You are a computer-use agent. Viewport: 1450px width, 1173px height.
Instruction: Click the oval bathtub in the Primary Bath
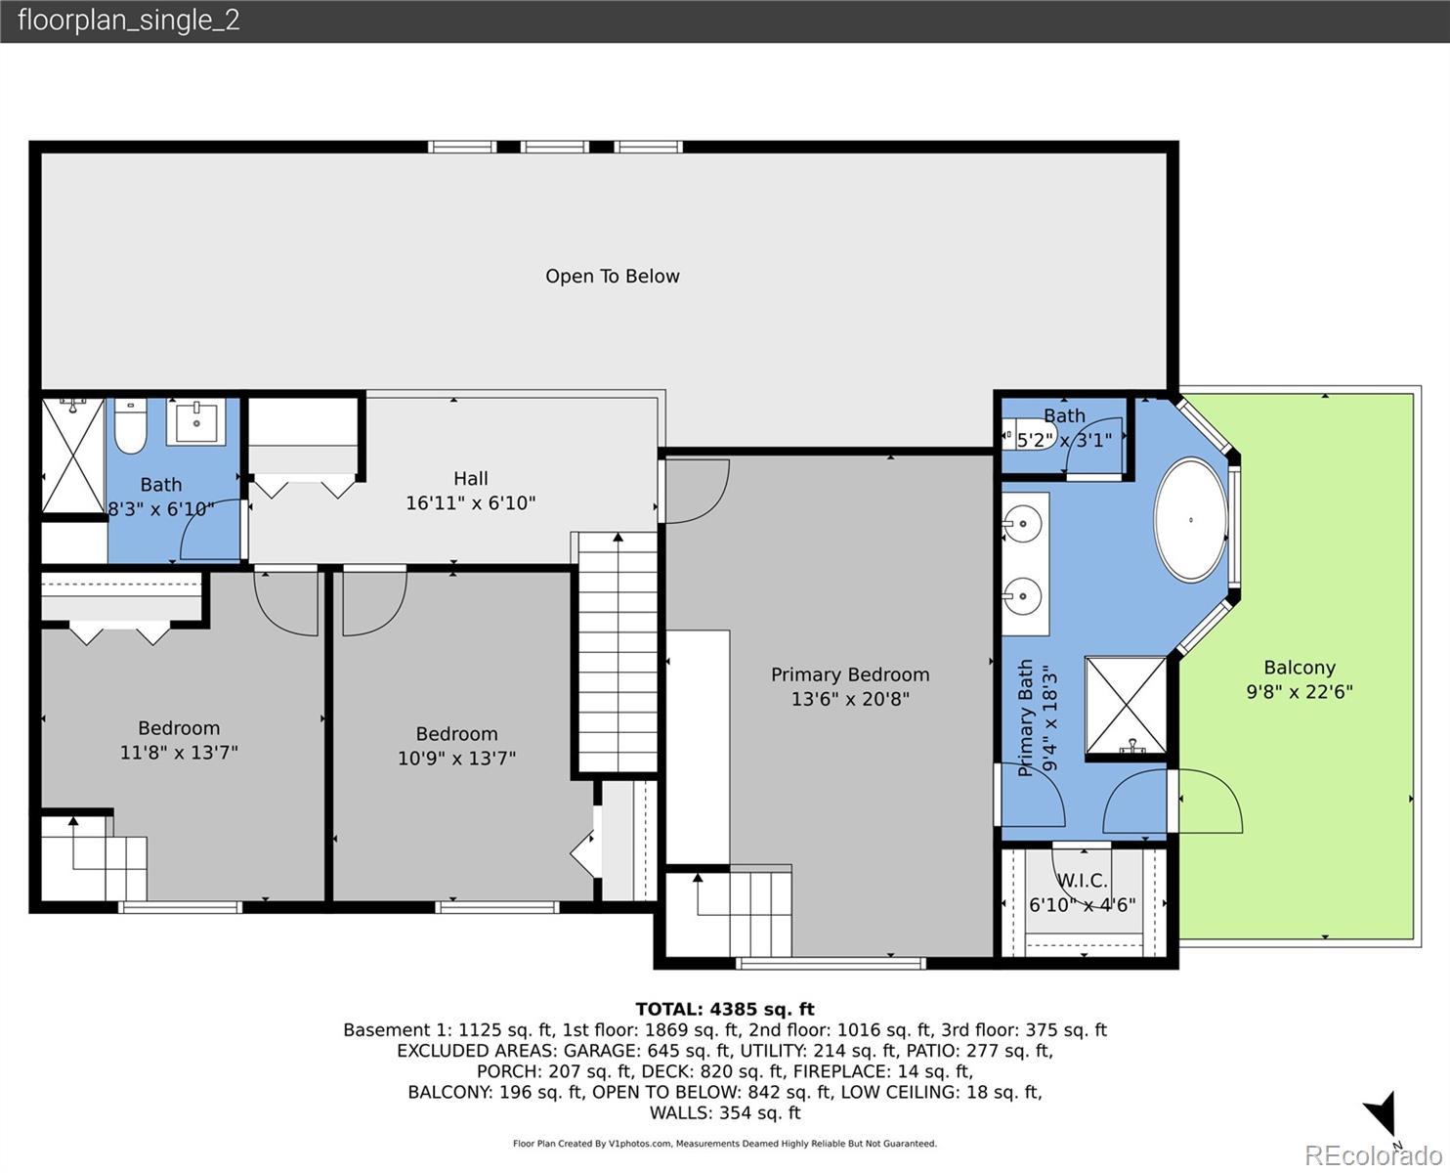point(1191,519)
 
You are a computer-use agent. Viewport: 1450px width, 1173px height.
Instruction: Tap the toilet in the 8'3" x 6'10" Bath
point(130,426)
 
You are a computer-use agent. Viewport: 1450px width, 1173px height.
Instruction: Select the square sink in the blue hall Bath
point(196,422)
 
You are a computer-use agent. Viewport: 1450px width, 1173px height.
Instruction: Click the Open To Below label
point(612,276)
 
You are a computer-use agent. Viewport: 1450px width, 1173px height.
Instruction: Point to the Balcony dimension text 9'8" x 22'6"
point(1299,692)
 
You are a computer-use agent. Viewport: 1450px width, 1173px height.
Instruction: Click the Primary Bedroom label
point(849,673)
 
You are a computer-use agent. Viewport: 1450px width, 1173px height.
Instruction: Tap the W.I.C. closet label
point(1083,881)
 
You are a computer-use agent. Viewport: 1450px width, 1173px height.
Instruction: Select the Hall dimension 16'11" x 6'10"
point(470,503)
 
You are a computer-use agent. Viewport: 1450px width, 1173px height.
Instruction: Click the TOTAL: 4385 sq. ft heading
point(725,1009)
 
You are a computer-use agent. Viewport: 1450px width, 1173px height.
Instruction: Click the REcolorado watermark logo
point(1373,1154)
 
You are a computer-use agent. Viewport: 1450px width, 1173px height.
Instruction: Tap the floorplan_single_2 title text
point(129,21)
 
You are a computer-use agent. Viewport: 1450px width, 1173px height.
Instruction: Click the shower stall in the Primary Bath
point(1126,706)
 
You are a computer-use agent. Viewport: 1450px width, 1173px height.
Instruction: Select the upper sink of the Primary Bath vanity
point(1022,524)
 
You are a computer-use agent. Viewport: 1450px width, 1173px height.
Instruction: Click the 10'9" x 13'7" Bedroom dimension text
point(456,758)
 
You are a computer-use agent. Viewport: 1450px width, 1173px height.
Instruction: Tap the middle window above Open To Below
point(555,147)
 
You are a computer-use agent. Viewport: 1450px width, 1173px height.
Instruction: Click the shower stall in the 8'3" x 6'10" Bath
point(73,456)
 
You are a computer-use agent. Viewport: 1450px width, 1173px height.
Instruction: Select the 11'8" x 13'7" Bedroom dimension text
point(179,753)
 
